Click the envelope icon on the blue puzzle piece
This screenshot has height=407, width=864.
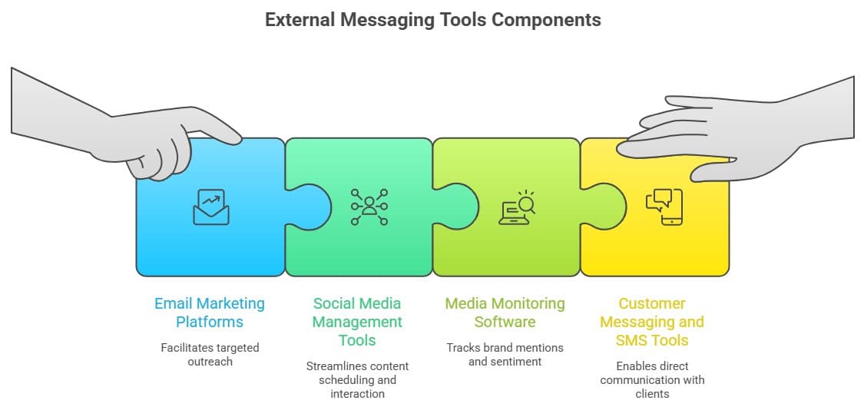coord(210,207)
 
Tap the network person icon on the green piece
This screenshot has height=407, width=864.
coord(369,207)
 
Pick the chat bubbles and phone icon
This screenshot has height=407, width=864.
coord(664,207)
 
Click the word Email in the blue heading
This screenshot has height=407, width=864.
coord(174,303)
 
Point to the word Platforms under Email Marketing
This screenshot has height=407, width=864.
coord(210,322)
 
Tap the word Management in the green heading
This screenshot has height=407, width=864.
coord(357,322)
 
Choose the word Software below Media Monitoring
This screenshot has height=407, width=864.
coord(505,322)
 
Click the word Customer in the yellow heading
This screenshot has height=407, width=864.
coord(652,303)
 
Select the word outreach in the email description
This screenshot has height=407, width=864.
coord(210,362)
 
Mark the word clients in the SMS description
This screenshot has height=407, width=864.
coord(652,394)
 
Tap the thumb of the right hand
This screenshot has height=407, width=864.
coord(710,171)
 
